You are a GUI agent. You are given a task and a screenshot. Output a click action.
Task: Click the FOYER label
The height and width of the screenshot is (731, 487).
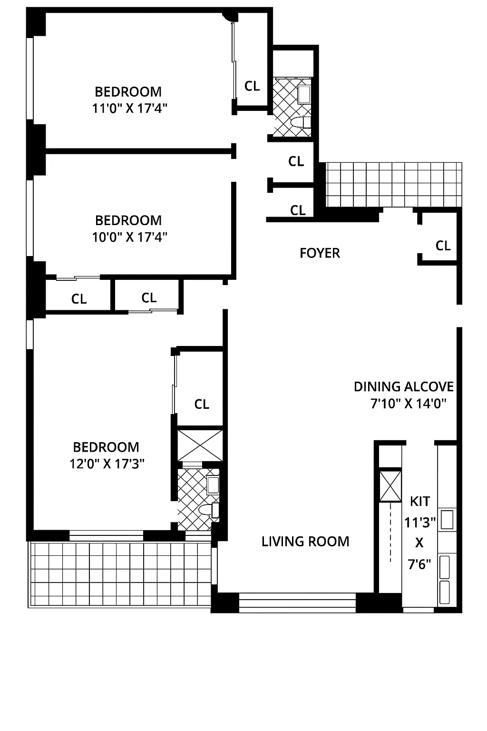coord(320,253)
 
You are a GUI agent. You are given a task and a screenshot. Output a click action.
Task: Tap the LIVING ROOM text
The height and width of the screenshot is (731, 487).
coord(305,541)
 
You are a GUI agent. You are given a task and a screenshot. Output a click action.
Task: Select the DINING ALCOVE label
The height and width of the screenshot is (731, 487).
coord(403,386)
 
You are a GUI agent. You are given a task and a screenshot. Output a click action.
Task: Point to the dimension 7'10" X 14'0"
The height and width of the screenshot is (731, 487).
coord(408,404)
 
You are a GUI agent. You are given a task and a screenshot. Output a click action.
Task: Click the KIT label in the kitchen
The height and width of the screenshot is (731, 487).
coord(419,501)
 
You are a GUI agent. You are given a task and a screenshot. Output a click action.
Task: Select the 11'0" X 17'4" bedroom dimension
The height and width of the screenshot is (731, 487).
coord(129,109)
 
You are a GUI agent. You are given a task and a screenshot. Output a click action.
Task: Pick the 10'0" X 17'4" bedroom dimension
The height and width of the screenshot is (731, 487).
coord(129,237)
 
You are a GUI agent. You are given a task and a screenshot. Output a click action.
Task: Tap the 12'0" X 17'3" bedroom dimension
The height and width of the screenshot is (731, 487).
coord(107,464)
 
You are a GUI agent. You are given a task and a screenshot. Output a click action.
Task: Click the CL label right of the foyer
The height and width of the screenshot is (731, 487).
coord(443,246)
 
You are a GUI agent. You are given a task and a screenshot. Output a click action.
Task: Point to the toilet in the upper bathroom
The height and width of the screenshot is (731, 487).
coord(299,123)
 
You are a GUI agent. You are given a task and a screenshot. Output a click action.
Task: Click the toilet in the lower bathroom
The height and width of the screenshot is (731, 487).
coord(207,510)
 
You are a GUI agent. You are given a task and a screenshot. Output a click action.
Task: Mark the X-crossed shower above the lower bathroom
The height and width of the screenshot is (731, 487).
coord(200,445)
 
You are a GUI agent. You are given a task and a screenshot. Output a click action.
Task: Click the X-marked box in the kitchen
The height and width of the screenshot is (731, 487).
coord(390,486)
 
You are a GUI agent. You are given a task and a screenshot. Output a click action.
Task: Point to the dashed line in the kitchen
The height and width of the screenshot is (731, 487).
coord(390,533)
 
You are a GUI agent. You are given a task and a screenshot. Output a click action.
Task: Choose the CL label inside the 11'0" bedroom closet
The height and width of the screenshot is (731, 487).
coord(252,86)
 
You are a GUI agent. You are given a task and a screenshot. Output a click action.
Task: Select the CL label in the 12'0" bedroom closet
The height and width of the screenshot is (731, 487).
coord(202,404)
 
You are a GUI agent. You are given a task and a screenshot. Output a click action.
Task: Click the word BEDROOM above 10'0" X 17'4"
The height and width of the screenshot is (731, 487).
coord(128,220)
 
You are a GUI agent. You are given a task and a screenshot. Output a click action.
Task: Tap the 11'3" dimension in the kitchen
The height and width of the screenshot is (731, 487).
coord(419,523)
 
